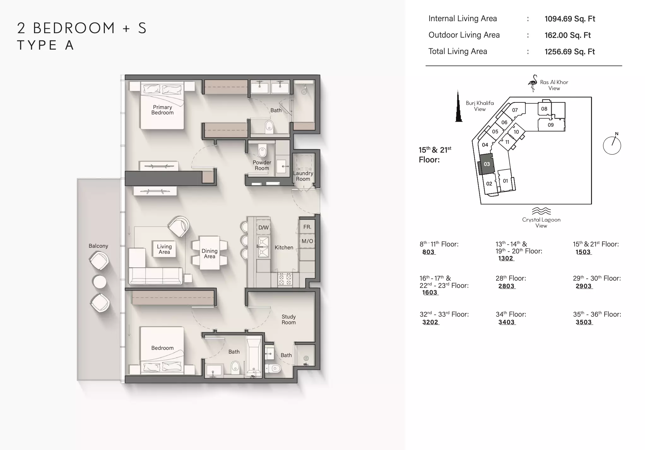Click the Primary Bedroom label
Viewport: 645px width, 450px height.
point(163,110)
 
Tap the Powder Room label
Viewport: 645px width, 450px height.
point(262,165)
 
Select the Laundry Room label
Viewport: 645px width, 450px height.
point(303,176)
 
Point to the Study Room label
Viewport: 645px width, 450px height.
point(289,319)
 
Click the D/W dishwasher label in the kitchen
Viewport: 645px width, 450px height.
point(263,228)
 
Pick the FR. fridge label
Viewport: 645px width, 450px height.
point(307,227)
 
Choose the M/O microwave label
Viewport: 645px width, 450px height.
point(307,241)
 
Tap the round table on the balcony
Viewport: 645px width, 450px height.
point(100,282)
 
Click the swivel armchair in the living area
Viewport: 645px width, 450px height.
point(179,226)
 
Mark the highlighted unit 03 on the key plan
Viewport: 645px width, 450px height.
point(486,164)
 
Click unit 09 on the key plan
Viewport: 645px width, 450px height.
point(551,125)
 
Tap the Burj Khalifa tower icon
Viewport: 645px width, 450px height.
point(459,106)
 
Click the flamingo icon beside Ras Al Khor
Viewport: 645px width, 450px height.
point(533,83)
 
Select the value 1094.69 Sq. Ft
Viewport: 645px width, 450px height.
point(570,19)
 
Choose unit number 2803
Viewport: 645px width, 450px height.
point(506,286)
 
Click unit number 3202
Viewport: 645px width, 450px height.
point(430,322)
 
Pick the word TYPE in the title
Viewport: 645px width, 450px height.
point(37,45)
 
